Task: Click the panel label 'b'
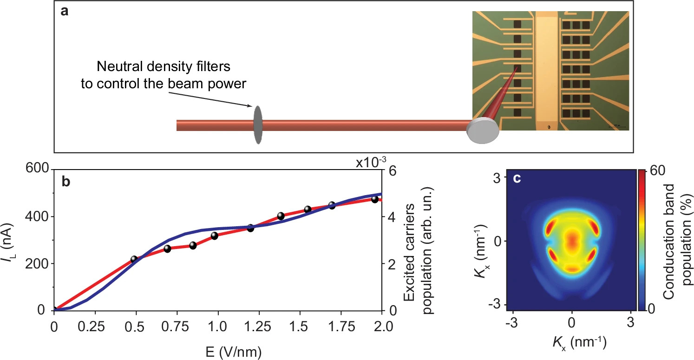66,182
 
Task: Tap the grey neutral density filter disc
258,124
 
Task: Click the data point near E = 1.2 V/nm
250,228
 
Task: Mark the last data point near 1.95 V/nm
375,199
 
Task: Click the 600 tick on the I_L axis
38,170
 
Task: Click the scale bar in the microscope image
617,126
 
